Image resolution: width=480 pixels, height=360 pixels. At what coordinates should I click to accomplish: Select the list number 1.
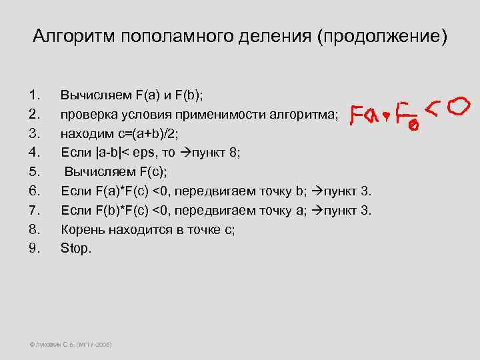click(36, 95)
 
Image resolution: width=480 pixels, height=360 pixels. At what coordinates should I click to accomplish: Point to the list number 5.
click(36, 171)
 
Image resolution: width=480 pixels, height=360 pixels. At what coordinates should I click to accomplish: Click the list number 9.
click(36, 248)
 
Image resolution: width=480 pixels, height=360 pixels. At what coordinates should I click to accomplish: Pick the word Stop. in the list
click(76, 248)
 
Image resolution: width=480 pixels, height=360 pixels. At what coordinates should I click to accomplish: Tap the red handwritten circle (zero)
click(459, 107)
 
